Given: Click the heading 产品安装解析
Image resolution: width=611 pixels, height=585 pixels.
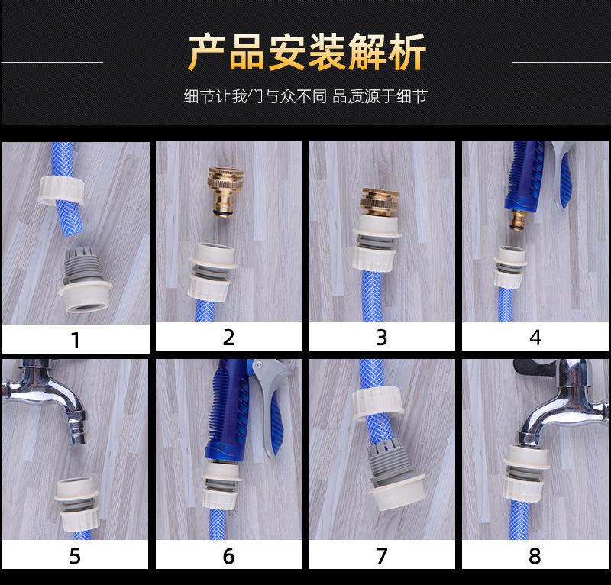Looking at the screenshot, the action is [x=307, y=52].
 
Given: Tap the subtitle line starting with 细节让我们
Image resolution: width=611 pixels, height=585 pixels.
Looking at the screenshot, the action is [x=306, y=96].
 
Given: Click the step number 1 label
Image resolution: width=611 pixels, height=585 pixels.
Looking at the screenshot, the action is [x=76, y=340].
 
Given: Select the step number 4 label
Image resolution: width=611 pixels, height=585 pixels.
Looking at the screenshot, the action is [x=535, y=338].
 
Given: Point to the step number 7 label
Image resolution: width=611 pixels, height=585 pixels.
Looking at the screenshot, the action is [x=381, y=555].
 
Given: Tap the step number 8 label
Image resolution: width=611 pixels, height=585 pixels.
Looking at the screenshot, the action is [x=535, y=556].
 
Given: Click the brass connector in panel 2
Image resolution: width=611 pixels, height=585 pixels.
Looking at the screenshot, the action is [x=225, y=191].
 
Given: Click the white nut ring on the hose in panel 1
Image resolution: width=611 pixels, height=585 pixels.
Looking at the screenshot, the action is [x=60, y=190].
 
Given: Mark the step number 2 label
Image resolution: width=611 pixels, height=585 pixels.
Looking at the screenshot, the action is [x=228, y=338].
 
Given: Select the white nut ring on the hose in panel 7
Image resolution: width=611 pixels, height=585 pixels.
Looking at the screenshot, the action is [x=377, y=404].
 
